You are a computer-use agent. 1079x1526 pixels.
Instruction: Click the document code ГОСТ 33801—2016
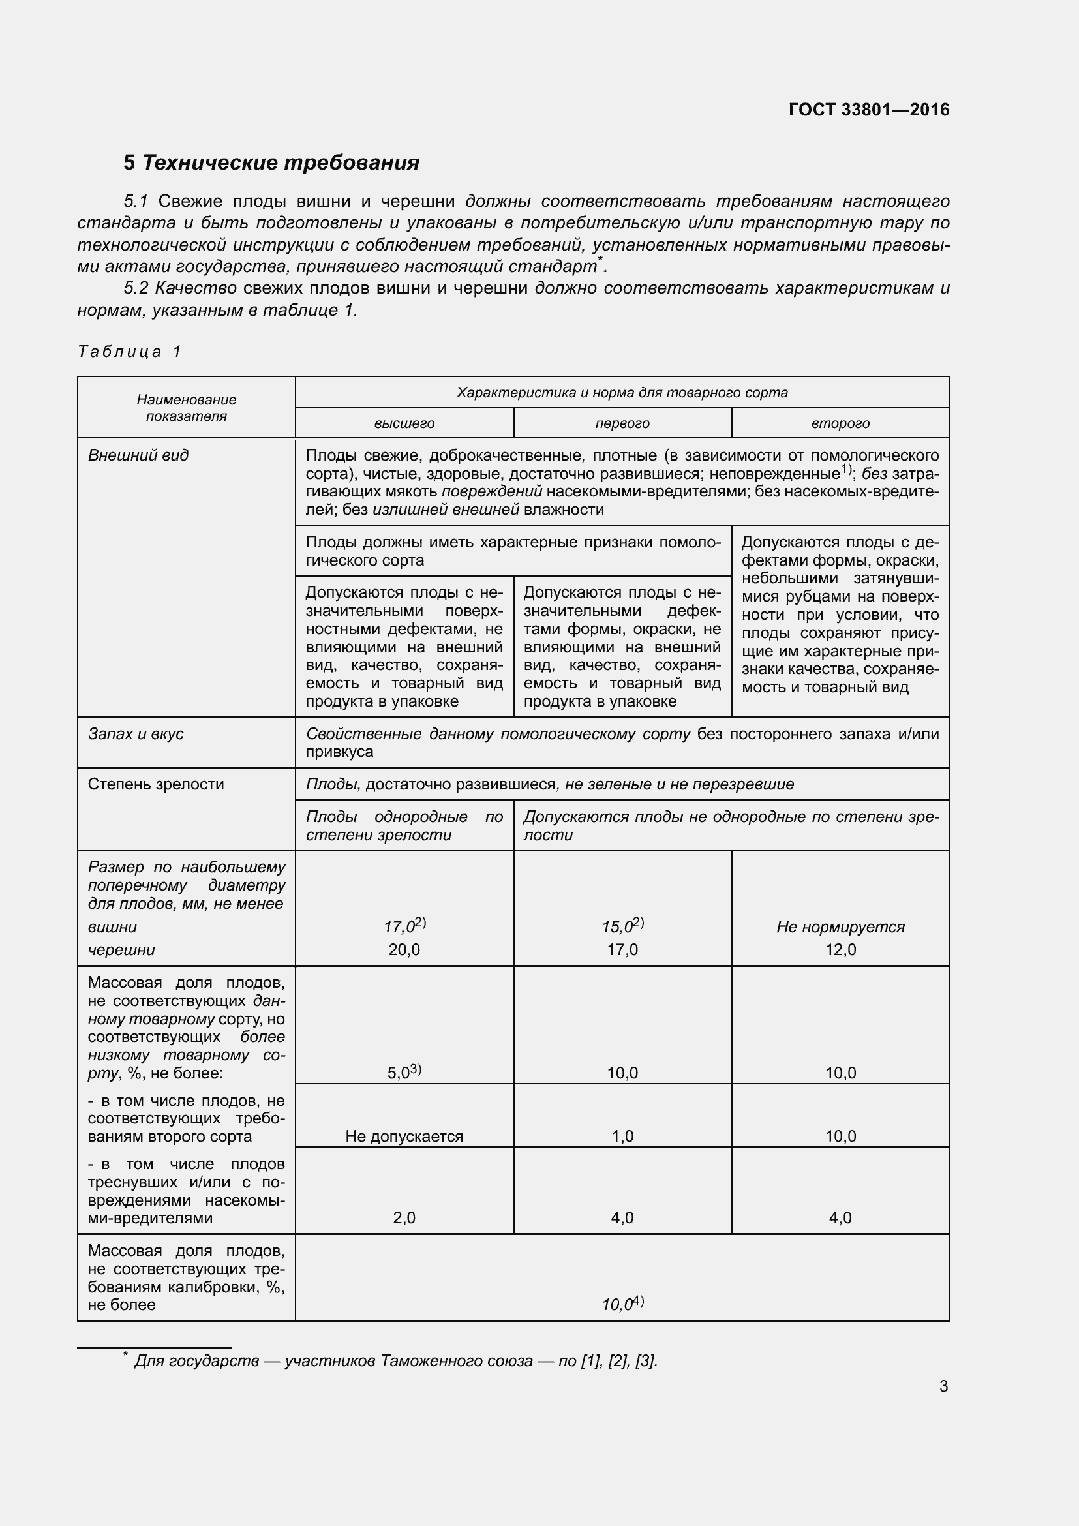(x=868, y=110)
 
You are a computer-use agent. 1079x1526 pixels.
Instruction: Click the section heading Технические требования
(x=271, y=163)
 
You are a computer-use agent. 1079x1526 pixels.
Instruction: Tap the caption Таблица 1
(x=130, y=352)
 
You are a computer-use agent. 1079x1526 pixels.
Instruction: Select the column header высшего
(x=404, y=423)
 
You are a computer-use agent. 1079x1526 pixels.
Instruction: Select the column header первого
(x=622, y=423)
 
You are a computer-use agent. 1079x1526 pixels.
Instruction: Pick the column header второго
(x=840, y=423)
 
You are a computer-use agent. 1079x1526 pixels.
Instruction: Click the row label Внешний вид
(x=138, y=455)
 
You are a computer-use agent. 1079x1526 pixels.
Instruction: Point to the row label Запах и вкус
(x=136, y=734)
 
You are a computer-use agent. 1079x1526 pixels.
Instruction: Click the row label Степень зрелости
(x=155, y=784)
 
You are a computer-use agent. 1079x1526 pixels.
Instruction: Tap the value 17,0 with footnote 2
(x=404, y=926)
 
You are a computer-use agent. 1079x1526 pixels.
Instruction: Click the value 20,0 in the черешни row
(x=404, y=950)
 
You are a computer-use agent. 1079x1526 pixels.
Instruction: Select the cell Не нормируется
(x=840, y=926)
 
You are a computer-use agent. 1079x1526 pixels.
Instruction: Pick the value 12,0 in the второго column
(x=840, y=950)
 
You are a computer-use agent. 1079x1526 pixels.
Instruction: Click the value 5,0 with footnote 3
(x=404, y=1072)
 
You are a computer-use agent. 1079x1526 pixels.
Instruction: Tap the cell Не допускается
(x=404, y=1136)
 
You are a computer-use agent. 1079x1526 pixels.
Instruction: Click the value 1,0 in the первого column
(x=622, y=1136)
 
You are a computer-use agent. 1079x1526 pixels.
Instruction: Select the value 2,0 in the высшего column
(x=404, y=1217)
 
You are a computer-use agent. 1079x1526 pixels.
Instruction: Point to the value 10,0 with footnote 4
(x=622, y=1304)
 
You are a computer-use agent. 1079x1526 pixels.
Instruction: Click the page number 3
(x=943, y=1386)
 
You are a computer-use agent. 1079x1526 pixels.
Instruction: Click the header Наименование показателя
(x=186, y=407)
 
